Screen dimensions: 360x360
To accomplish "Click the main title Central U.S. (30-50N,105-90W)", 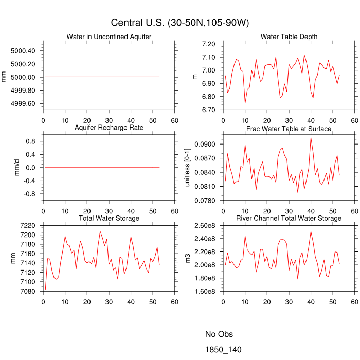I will click(x=179, y=23).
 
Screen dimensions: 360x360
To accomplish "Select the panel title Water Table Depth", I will click(x=289, y=37).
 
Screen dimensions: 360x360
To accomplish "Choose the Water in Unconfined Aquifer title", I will click(x=109, y=37).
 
